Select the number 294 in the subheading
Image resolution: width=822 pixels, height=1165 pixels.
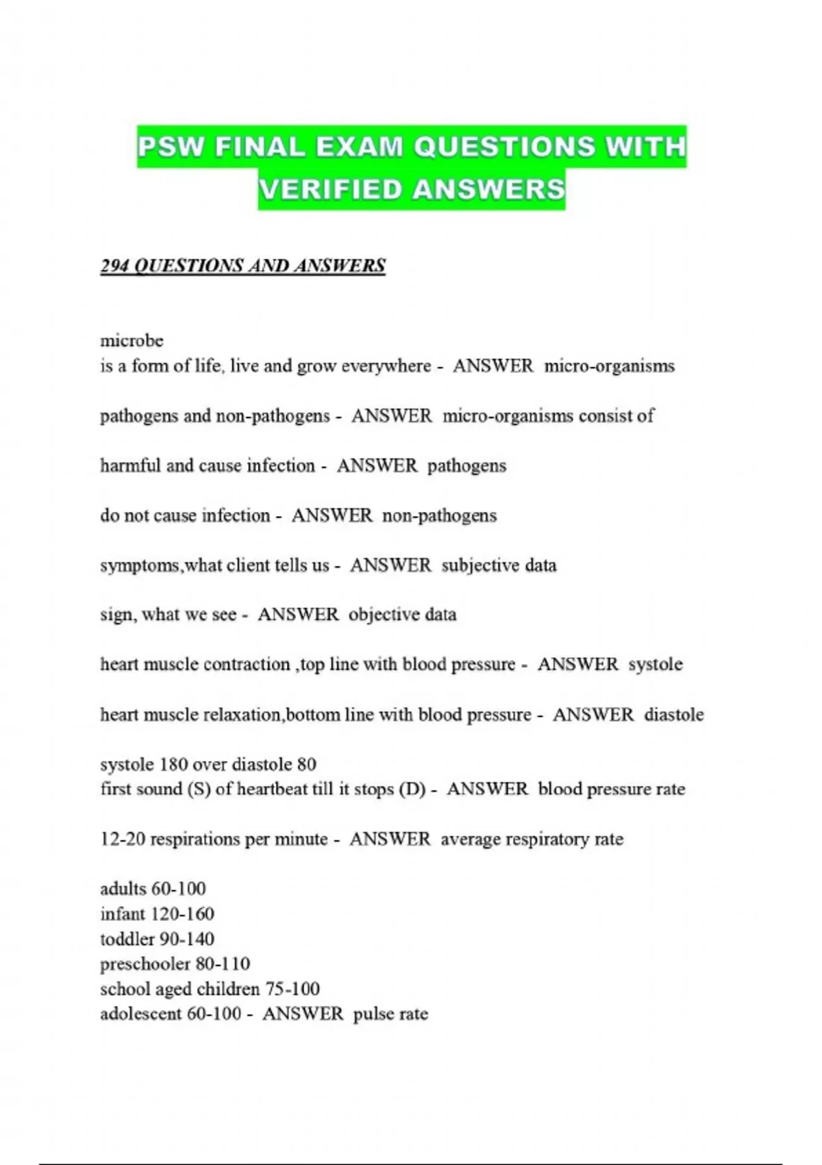point(114,266)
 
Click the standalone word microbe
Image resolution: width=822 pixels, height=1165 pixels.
point(132,341)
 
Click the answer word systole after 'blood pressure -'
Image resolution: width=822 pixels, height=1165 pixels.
point(656,665)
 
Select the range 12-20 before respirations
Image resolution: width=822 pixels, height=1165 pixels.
point(123,839)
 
